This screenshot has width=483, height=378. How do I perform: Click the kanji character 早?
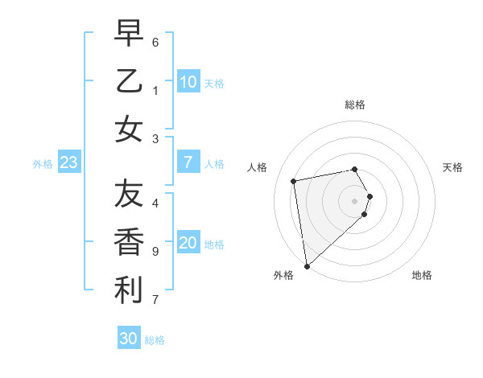(129, 34)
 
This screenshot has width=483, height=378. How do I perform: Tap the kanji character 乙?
(129, 80)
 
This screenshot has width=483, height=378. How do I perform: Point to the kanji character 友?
(129, 194)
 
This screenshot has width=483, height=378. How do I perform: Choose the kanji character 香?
(129, 242)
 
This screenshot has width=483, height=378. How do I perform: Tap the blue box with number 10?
(188, 82)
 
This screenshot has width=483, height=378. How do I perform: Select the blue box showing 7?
(188, 162)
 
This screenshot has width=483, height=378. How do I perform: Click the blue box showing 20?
(188, 244)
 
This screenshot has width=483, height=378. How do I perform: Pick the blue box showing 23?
(69, 162)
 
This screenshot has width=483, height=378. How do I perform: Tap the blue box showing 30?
(129, 339)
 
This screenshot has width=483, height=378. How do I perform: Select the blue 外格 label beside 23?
(43, 164)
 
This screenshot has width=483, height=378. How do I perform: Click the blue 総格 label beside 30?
(155, 340)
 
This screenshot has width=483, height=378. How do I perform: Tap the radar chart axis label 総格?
(355, 105)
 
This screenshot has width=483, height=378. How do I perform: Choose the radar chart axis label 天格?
(452, 167)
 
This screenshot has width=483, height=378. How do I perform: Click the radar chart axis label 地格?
(422, 275)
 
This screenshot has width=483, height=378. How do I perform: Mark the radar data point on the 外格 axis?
(307, 265)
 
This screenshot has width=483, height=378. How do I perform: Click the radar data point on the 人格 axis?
(294, 181)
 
